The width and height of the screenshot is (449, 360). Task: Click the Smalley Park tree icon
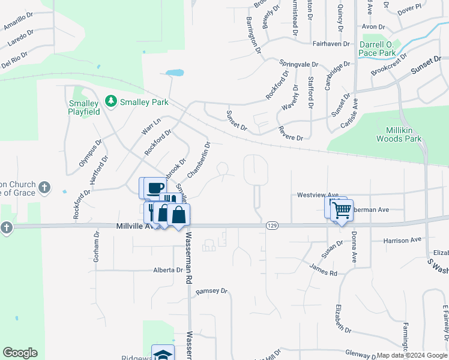(x=110, y=102)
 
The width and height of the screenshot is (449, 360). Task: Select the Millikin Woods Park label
(x=399, y=134)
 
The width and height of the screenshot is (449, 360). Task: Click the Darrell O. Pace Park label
(x=377, y=49)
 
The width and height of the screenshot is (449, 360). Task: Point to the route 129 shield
(x=272, y=226)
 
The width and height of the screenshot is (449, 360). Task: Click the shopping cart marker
(x=342, y=210)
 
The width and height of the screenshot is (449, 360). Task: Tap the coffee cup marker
(x=155, y=188)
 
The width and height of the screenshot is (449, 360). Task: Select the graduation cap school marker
(x=163, y=354)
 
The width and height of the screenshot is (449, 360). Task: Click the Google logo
(x=20, y=353)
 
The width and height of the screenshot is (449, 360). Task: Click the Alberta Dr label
(x=167, y=270)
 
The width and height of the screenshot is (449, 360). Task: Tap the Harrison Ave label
(x=402, y=240)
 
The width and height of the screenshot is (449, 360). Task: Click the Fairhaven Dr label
(x=332, y=43)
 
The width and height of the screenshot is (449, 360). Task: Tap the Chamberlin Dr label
(x=199, y=160)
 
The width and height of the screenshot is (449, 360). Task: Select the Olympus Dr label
(x=90, y=154)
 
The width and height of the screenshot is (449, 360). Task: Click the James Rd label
(x=324, y=269)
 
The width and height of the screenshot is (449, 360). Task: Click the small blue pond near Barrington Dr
(x=175, y=73)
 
